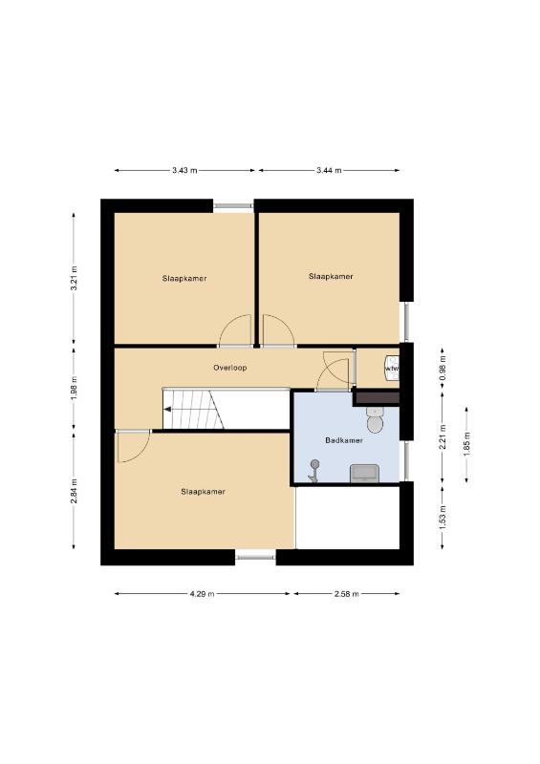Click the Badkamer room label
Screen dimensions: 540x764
point(344,440)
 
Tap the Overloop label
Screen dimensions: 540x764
point(229,368)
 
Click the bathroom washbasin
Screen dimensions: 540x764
point(364,473)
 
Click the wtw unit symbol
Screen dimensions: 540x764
point(392,369)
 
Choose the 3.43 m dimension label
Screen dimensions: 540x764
point(184,171)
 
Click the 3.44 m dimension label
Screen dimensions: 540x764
point(329,171)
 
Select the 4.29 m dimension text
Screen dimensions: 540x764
point(202,594)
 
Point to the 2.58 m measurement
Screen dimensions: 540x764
point(347,594)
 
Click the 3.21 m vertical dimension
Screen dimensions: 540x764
point(75,278)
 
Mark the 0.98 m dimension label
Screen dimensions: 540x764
point(443,368)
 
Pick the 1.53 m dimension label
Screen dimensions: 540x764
point(443,517)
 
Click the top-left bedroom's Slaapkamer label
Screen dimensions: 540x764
point(184,279)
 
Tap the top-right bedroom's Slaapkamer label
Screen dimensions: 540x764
point(331,276)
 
